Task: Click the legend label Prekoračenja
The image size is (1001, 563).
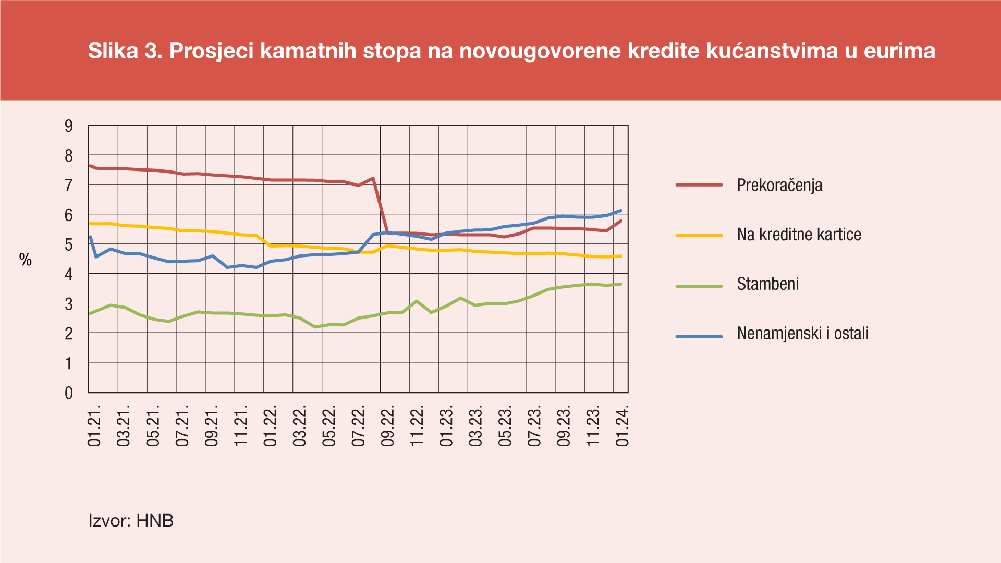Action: (779, 185)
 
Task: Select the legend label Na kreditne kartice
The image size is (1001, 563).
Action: (799, 235)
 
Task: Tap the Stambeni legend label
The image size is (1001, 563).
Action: (767, 284)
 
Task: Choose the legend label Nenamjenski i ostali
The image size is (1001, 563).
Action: (802, 334)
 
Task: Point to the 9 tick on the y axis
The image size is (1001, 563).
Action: (69, 126)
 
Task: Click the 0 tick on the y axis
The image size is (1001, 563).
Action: (69, 393)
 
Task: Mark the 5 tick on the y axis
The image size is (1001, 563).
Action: (69, 244)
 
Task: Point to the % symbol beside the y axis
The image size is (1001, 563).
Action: (26, 260)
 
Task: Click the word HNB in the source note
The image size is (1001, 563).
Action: (155, 520)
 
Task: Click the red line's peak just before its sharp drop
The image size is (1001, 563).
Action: (373, 178)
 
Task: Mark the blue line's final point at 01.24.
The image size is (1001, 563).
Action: (621, 211)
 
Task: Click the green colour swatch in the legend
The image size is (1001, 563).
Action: (699, 286)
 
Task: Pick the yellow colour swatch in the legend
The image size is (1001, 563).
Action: (699, 236)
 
